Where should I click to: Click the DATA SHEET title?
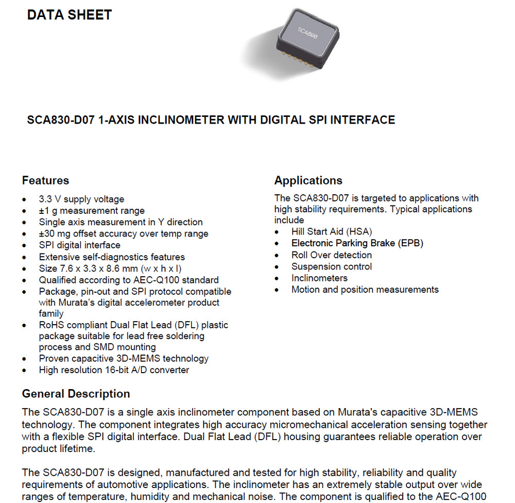[70, 15]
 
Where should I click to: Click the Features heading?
[45, 180]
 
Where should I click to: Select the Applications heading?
[308, 180]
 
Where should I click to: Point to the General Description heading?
[76, 394]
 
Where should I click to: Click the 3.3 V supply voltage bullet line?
[81, 199]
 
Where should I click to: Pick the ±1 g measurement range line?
[92, 210]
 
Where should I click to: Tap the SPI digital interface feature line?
[79, 245]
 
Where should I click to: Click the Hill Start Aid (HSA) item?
[332, 231]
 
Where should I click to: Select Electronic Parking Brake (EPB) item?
[357, 243]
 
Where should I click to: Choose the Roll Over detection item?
[331, 255]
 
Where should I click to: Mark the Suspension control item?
[331, 266]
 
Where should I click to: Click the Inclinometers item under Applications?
[319, 278]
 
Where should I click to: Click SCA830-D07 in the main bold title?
[60, 120]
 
